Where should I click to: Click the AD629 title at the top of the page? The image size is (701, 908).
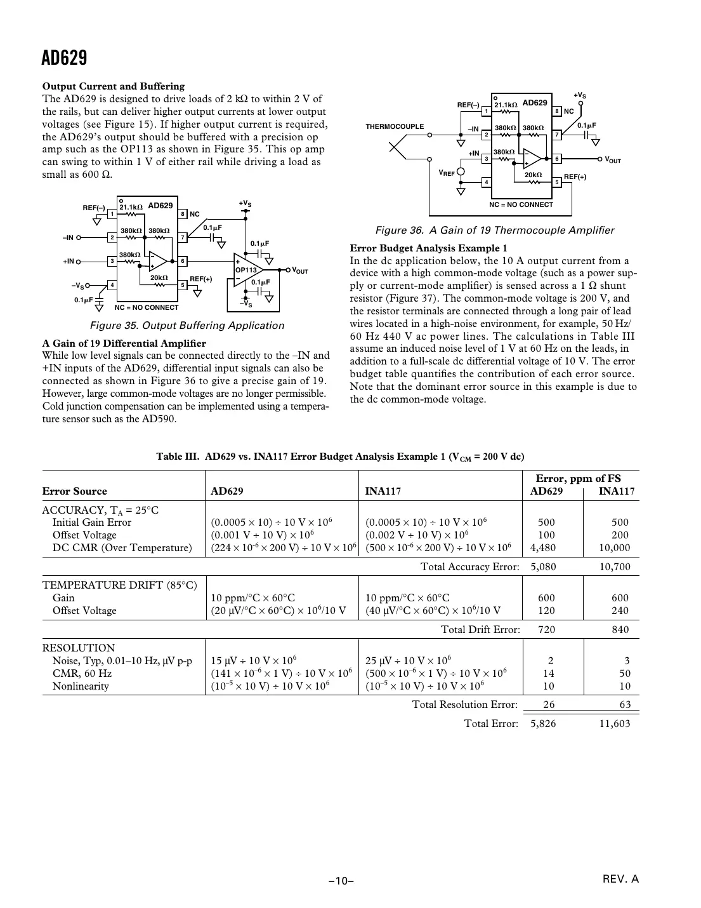click(64, 58)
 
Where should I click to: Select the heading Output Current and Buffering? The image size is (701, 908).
click(114, 86)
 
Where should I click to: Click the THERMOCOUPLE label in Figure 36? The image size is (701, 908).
click(395, 126)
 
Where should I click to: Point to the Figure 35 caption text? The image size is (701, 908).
click(187, 326)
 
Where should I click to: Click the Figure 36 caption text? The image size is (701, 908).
click(495, 230)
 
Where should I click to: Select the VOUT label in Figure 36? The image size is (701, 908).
click(612, 159)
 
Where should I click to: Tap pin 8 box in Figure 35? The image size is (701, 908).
click(183, 215)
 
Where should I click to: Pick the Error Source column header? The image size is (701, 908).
click(75, 491)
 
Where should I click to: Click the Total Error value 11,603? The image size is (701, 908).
click(615, 723)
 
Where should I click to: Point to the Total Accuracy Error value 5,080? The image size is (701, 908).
click(543, 566)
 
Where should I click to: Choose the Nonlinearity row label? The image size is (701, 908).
click(81, 686)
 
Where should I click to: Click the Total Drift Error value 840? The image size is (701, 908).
click(620, 629)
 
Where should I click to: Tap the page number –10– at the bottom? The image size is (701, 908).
click(341, 881)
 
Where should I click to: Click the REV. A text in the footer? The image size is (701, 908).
click(620, 879)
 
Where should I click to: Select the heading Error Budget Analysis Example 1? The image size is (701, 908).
click(429, 248)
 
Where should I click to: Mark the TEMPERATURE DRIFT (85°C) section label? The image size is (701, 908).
click(119, 585)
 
